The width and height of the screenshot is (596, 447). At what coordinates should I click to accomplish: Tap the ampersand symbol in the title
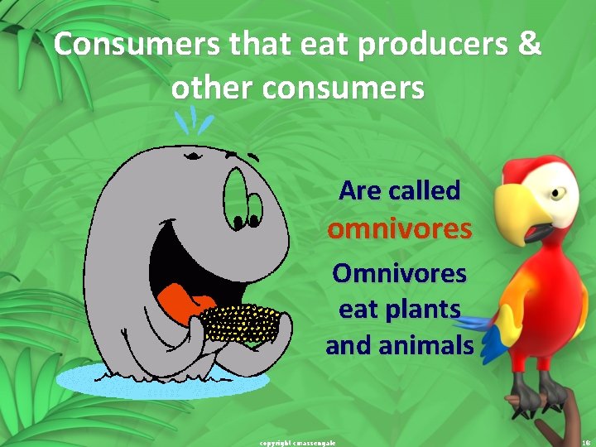(x=526, y=45)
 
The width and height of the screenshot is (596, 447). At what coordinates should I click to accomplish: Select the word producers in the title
(x=435, y=45)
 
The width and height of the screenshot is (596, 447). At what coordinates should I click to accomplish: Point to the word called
(x=424, y=190)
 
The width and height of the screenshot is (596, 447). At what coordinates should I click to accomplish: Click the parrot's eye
(x=558, y=192)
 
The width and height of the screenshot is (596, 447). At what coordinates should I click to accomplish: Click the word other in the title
(x=210, y=86)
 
